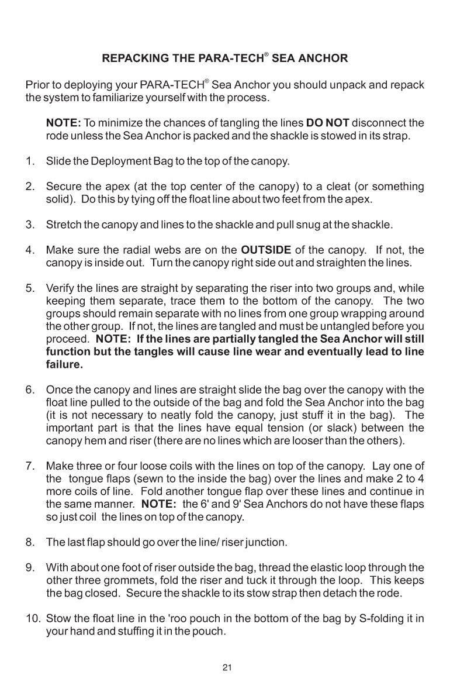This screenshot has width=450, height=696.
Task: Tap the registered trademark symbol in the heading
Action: [x=266, y=55]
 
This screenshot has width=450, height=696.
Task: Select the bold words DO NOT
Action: [x=327, y=123]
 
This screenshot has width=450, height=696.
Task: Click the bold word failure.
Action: [x=64, y=365]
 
